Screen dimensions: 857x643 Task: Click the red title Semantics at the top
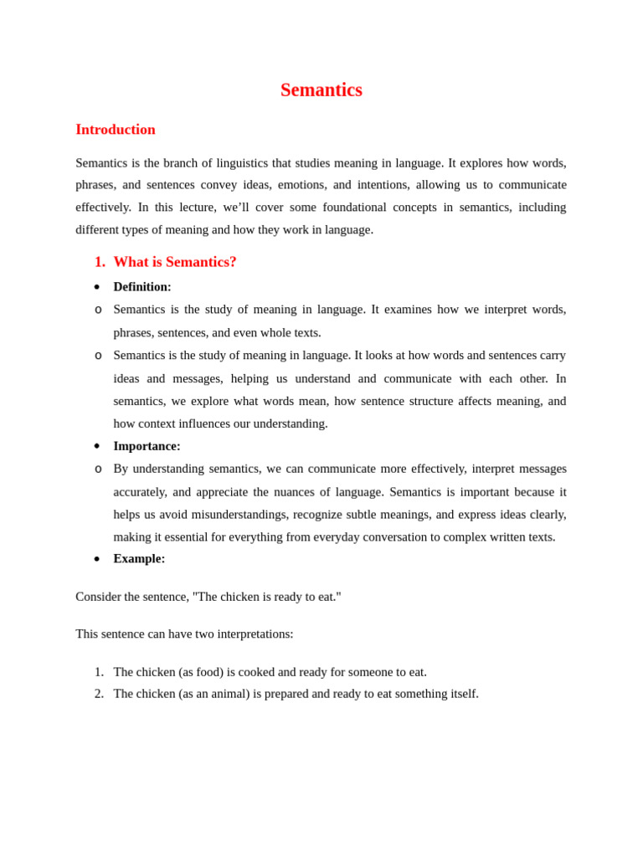point(321,90)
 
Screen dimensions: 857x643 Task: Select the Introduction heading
point(116,130)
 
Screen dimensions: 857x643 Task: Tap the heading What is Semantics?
point(175,262)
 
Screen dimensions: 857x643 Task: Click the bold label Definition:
point(142,287)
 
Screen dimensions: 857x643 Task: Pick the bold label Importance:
point(147,446)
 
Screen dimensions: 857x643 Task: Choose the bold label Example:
point(139,559)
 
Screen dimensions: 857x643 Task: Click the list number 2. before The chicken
point(99,694)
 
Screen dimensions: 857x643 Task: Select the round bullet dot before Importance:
point(97,446)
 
